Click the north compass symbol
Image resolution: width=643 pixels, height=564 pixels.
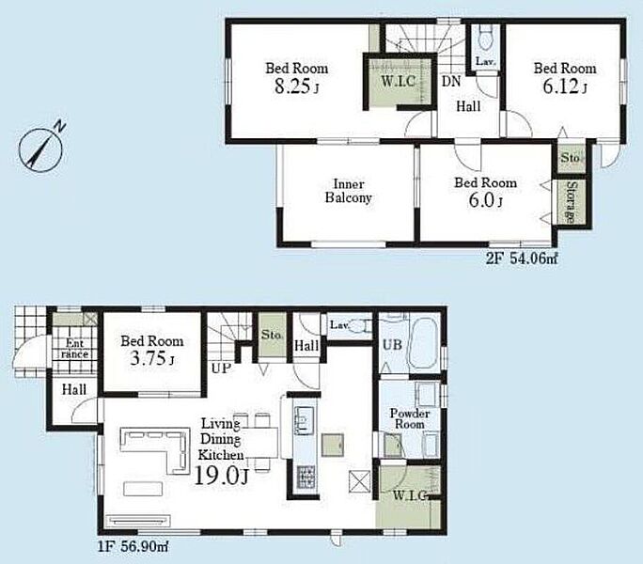pyautogui.click(x=41, y=148)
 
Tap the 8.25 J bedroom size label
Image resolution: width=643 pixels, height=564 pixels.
pyautogui.click(x=296, y=86)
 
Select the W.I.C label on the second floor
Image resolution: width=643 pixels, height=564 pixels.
pyautogui.click(x=399, y=81)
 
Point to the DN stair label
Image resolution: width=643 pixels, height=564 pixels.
pyautogui.click(x=451, y=81)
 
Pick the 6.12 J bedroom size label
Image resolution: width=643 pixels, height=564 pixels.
pyautogui.click(x=565, y=86)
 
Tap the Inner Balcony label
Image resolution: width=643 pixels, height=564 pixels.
pyautogui.click(x=349, y=191)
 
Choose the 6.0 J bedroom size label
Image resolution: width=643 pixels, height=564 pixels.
pyautogui.click(x=485, y=200)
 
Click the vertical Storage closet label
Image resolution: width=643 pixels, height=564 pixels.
pyautogui.click(x=571, y=202)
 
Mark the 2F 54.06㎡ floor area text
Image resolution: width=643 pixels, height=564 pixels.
pyautogui.click(x=522, y=258)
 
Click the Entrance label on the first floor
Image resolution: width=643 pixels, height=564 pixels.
pyautogui.click(x=74, y=349)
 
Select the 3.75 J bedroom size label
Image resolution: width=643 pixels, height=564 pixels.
pyautogui.click(x=152, y=359)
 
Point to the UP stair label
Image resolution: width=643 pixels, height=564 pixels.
pyautogui.click(x=222, y=368)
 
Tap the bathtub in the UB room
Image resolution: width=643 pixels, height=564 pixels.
pyautogui.click(x=424, y=345)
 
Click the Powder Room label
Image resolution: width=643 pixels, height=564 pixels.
pyautogui.click(x=409, y=418)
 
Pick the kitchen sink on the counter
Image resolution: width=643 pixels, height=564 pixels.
pyautogui.click(x=304, y=419)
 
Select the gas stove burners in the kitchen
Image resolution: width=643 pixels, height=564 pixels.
pyautogui.click(x=306, y=477)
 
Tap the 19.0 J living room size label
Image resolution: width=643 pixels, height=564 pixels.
pyautogui.click(x=221, y=476)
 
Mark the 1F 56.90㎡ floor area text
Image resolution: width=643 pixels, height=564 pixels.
pyautogui.click(x=133, y=546)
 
